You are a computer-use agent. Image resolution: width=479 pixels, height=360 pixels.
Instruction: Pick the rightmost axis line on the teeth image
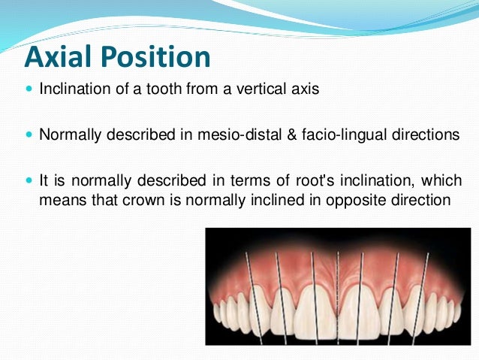coord(425,293)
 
